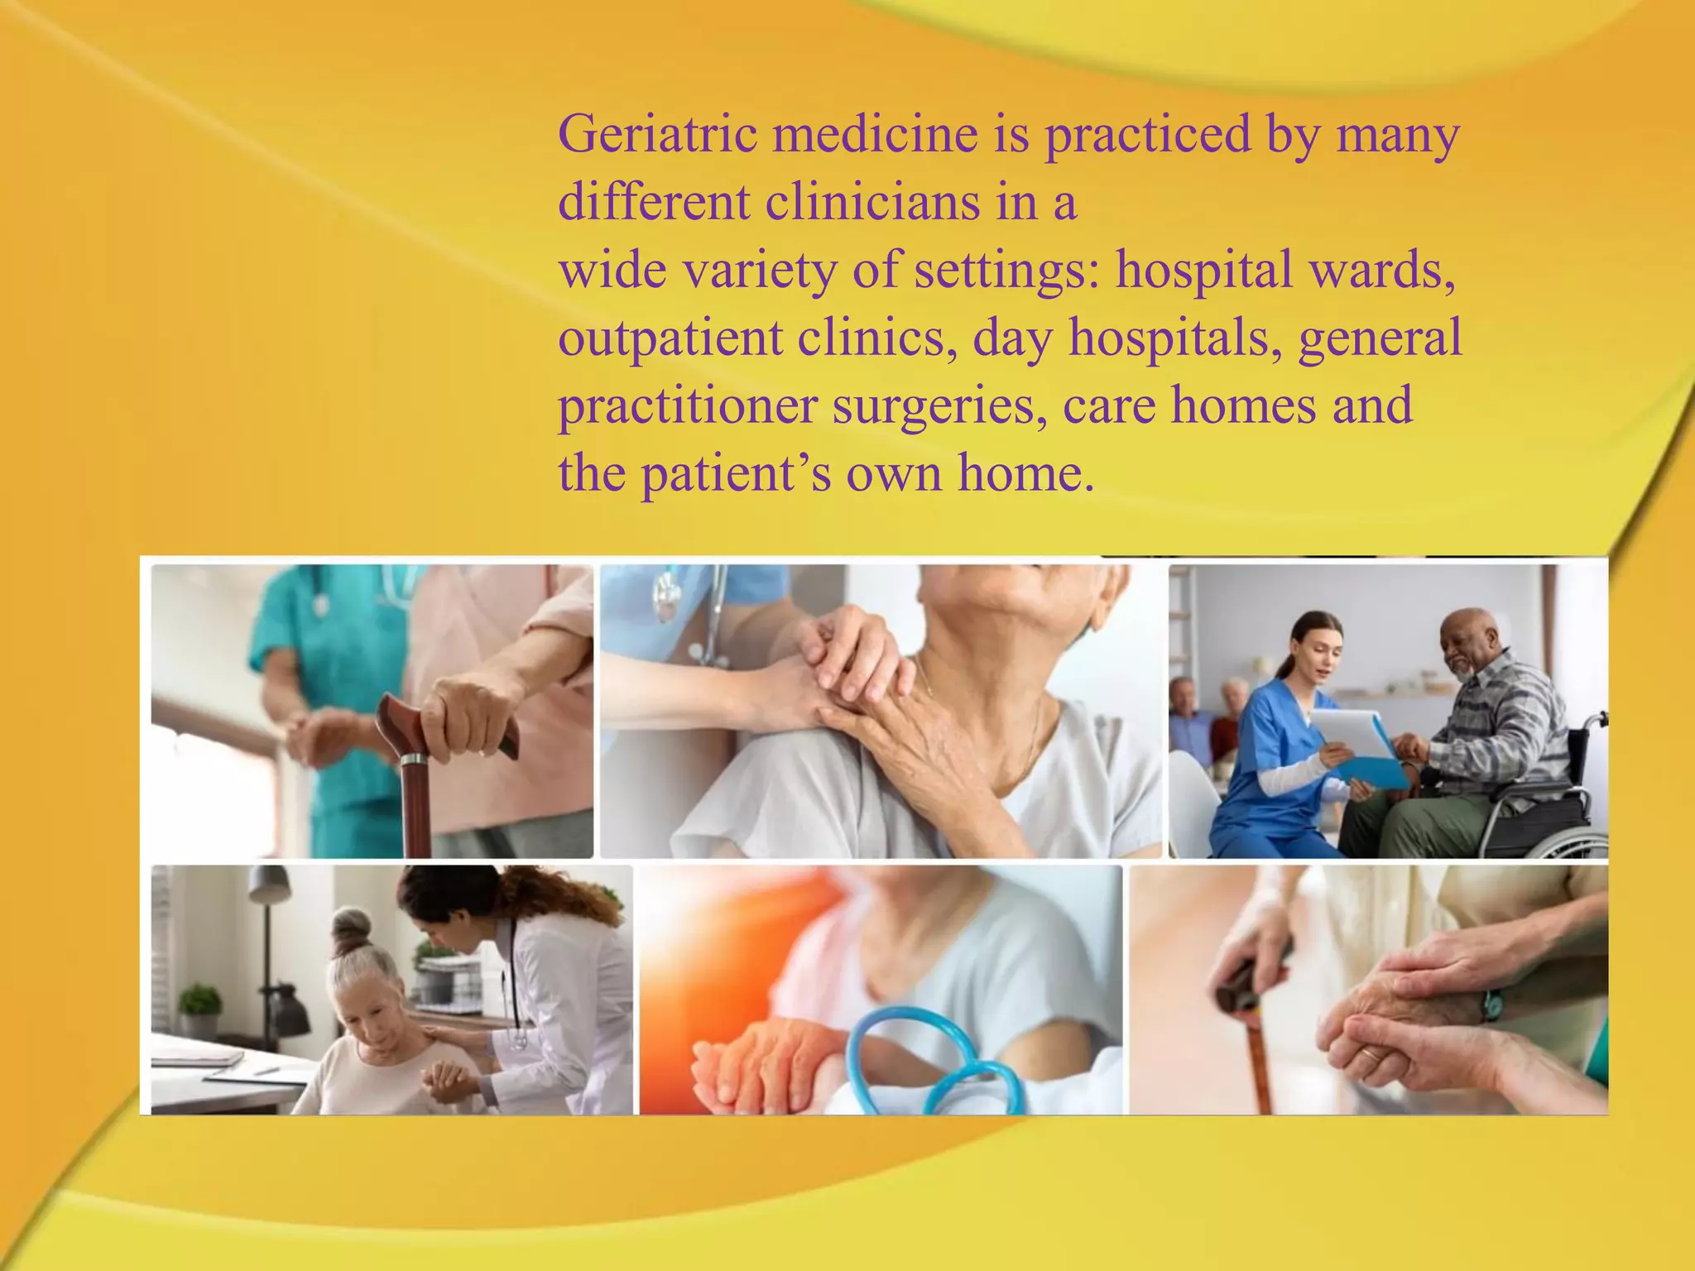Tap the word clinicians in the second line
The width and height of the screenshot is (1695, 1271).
(x=872, y=202)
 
